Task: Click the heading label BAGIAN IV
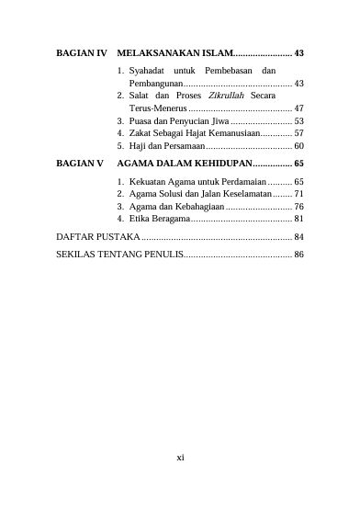83,53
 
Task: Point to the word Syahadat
148,71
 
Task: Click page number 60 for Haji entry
298,146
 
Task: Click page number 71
298,194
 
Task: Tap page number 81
298,220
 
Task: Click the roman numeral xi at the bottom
181,454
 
